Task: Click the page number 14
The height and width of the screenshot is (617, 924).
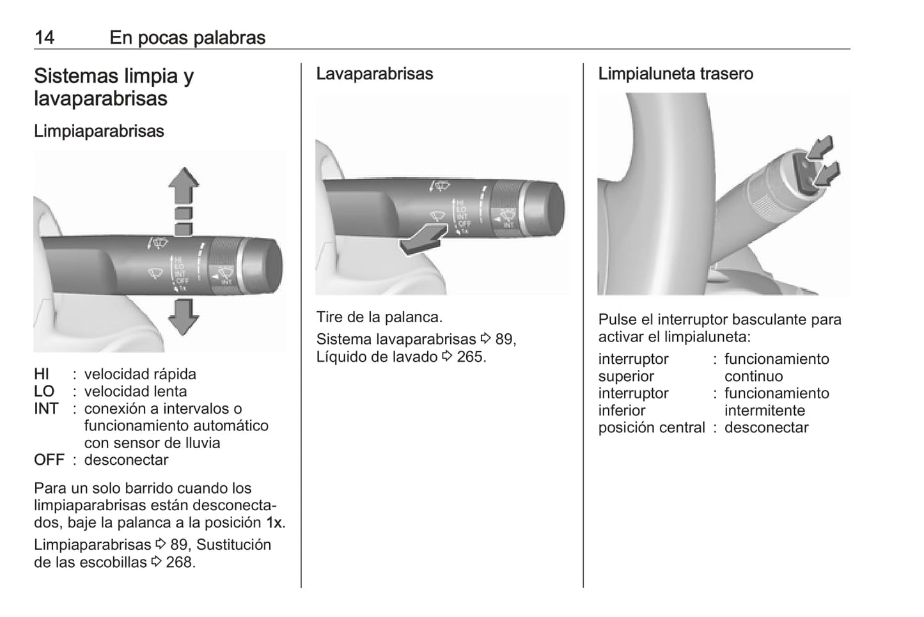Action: click(x=44, y=38)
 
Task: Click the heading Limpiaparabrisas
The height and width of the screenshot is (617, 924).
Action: click(x=99, y=131)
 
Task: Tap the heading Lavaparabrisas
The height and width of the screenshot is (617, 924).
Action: click(x=374, y=74)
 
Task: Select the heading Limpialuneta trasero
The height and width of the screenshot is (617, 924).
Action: click(x=675, y=74)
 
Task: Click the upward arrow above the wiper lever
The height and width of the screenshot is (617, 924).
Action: click(x=184, y=185)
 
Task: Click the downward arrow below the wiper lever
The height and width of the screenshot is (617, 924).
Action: click(x=184, y=316)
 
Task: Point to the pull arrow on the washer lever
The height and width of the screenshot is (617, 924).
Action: click(x=423, y=239)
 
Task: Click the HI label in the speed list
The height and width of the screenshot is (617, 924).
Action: click(x=42, y=374)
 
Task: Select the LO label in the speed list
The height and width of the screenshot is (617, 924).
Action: click(x=43, y=391)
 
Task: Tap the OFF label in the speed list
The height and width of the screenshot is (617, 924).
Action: click(x=49, y=460)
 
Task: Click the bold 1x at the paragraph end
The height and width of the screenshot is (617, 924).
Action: click(x=274, y=522)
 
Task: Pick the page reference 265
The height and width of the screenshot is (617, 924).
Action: click(x=470, y=357)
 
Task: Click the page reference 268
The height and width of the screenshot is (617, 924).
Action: click(x=179, y=562)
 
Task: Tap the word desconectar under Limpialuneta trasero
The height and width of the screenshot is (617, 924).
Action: click(x=766, y=428)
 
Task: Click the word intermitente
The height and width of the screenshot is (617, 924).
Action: click(x=764, y=410)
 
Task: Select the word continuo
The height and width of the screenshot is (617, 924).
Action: click(x=753, y=376)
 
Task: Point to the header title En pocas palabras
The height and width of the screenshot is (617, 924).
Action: click(x=187, y=38)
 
